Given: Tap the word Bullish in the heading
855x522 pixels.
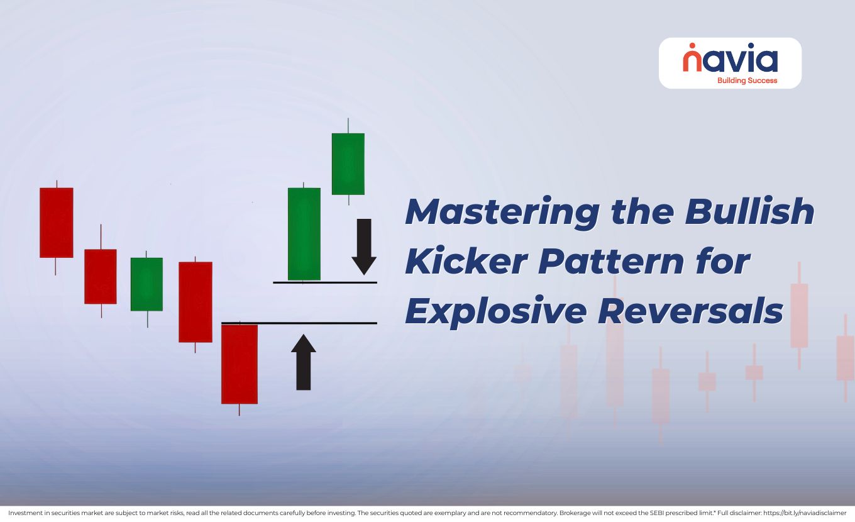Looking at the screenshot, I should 750,213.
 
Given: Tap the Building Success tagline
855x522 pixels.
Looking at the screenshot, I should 747,81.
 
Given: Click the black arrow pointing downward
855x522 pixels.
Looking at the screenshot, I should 363,247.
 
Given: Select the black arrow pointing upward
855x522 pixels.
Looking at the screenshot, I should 304,362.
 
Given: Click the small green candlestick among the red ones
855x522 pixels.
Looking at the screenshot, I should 146,284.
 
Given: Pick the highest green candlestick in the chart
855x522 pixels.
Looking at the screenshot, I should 348,164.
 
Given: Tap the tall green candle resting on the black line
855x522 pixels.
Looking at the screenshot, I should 304,234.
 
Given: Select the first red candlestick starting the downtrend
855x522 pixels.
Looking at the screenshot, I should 57,223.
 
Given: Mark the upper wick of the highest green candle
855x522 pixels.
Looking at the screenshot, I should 348,125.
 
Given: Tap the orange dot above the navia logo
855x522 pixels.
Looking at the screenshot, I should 692,46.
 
